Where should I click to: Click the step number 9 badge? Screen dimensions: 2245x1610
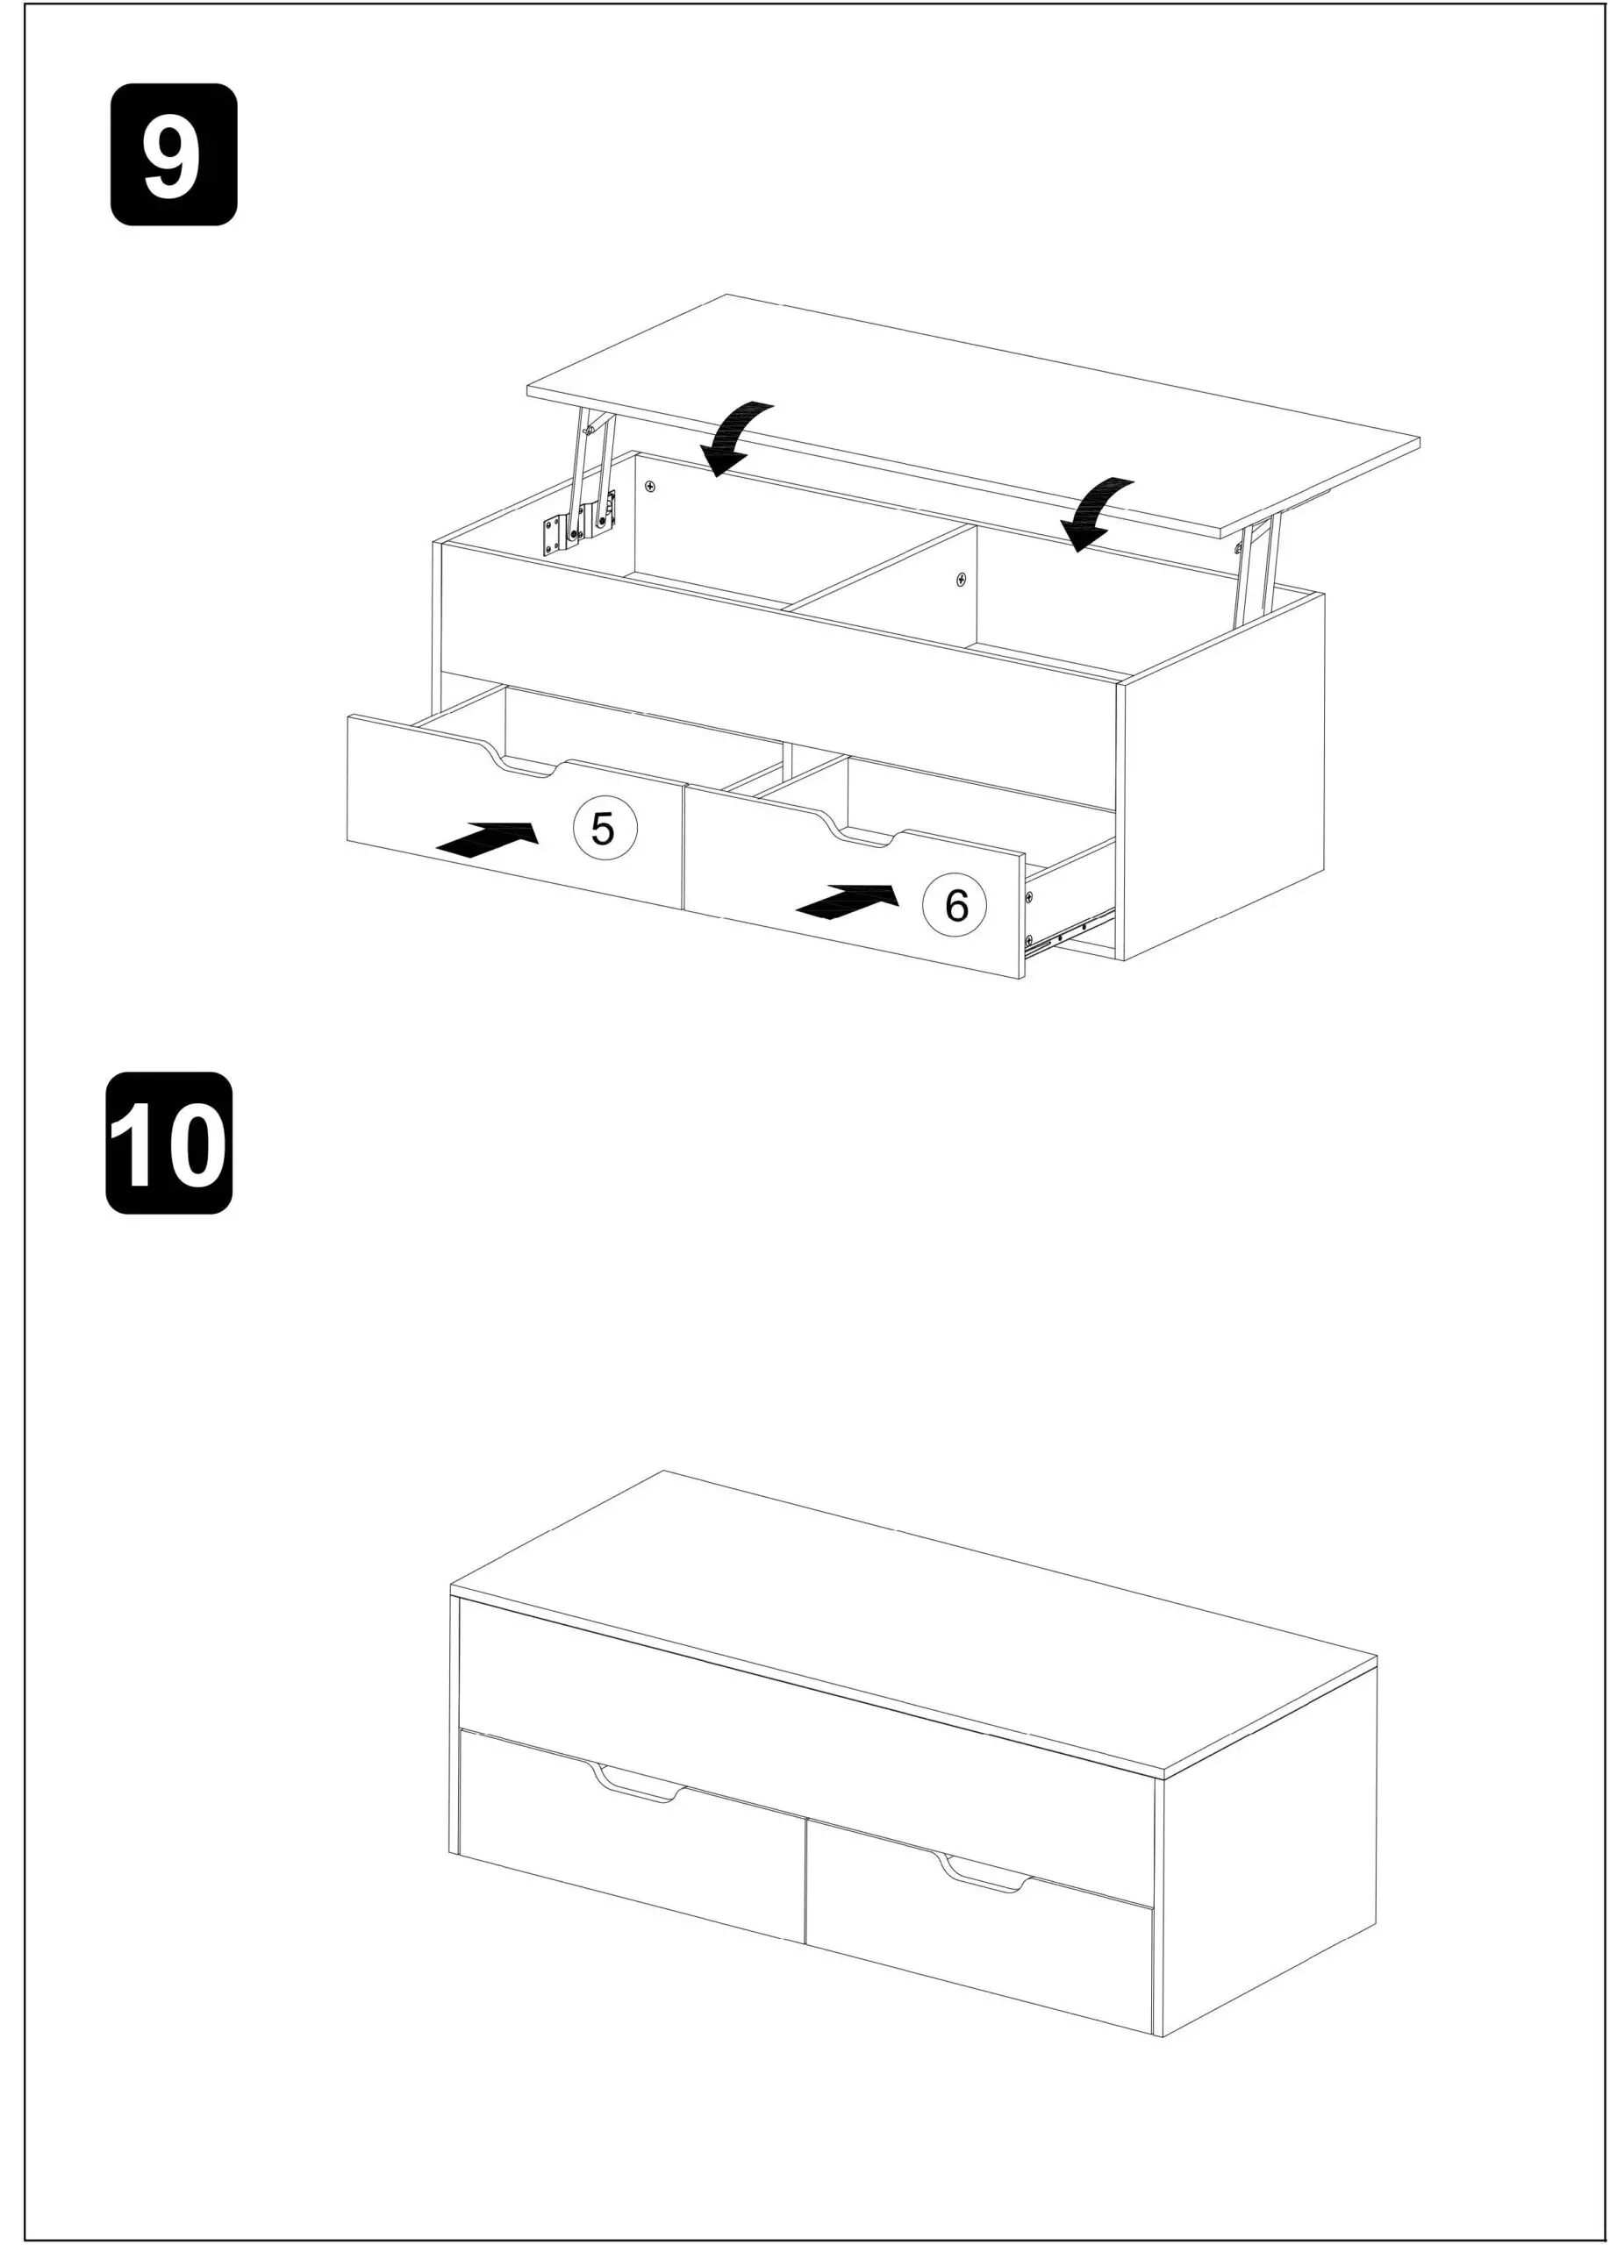[173, 154]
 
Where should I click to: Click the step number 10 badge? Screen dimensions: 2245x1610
[168, 1143]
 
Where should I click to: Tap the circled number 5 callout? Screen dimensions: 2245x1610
[604, 828]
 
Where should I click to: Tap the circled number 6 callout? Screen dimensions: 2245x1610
[954, 905]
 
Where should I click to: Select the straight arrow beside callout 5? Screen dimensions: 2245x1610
[488, 838]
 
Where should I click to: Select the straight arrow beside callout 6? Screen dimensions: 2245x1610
[848, 901]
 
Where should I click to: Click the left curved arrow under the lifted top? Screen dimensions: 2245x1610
[734, 437]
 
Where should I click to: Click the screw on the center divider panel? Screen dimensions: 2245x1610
[960, 579]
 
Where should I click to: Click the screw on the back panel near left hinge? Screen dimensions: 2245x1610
[649, 486]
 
